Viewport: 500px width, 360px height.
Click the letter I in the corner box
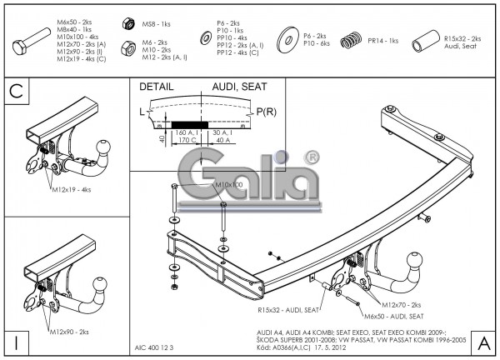(x=15, y=342)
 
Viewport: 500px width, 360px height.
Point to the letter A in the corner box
(x=483, y=342)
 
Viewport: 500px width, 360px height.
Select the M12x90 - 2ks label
(x=72, y=332)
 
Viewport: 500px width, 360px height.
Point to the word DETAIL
(x=157, y=86)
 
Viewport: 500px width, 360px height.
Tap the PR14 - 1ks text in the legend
(x=382, y=40)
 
